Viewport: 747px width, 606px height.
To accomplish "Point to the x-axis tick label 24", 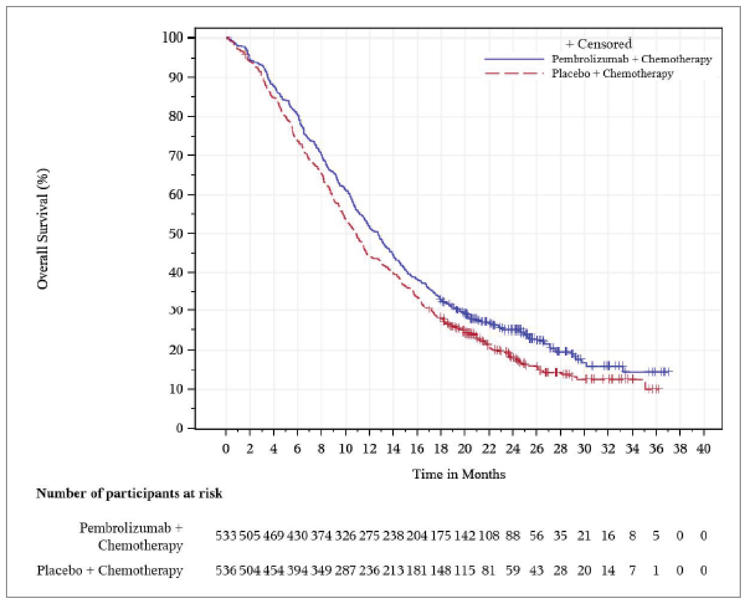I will (512, 449).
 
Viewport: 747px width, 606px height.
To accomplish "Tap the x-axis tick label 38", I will (679, 449).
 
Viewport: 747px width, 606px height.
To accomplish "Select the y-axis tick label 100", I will (173, 38).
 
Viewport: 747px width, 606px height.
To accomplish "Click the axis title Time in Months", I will (459, 474).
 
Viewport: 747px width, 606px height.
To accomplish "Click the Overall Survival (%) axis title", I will (43, 229).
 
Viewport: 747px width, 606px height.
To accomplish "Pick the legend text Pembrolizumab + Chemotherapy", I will (631, 59).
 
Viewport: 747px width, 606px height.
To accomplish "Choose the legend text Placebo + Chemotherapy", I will (612, 73).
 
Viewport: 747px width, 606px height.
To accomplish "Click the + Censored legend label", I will (598, 44).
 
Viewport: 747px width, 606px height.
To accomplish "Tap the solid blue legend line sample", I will (514, 59).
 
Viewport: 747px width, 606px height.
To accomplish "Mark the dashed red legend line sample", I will (514, 74).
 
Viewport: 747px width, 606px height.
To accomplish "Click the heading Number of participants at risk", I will (129, 494).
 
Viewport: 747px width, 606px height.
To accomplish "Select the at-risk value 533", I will (225, 535).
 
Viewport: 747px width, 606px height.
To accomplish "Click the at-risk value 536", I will (225, 570).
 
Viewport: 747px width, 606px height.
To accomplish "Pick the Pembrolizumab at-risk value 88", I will (512, 535).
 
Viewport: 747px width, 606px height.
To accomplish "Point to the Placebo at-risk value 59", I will (512, 570).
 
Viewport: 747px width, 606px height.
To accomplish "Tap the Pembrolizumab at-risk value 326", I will (345, 535).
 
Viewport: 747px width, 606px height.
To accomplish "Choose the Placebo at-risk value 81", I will (488, 570).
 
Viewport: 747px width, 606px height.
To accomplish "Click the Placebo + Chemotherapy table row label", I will (110, 570).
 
